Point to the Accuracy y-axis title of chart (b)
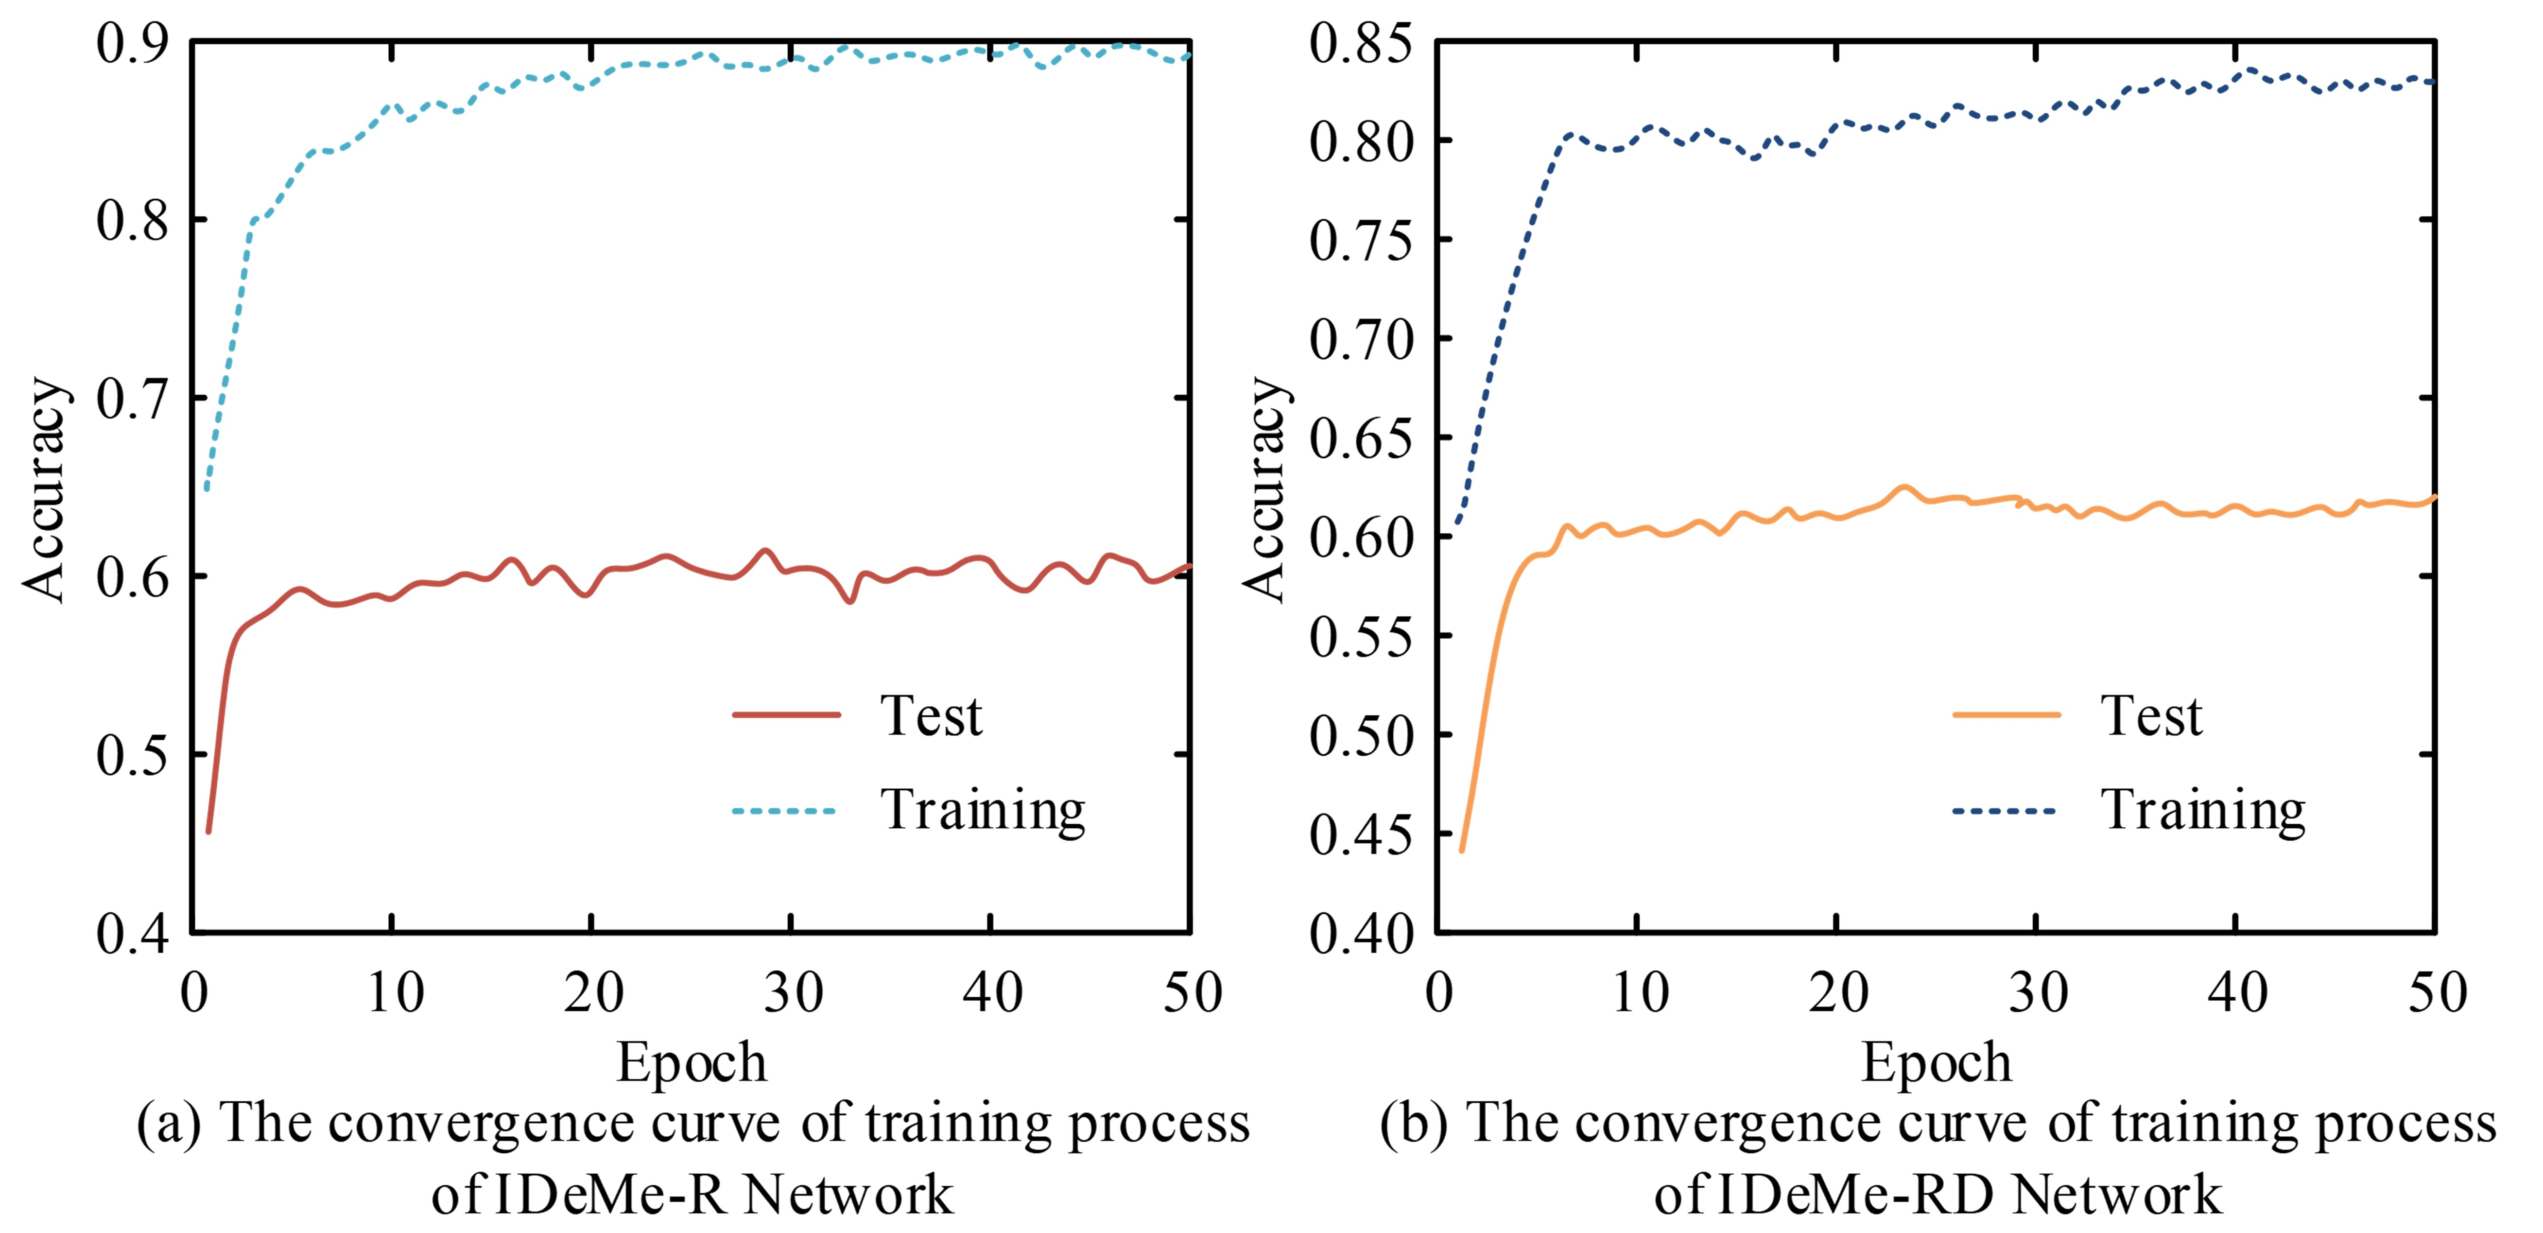(x=1264, y=488)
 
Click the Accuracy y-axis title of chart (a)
(x=44, y=488)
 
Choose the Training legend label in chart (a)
(x=982, y=812)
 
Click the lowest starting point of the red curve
(x=208, y=831)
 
